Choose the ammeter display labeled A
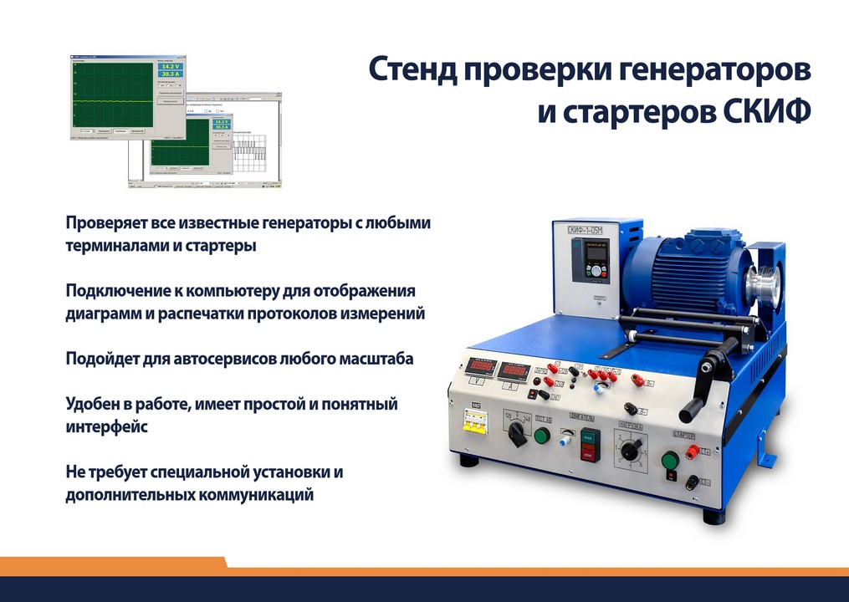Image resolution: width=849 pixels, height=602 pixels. [514, 371]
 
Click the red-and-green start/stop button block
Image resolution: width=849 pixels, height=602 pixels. [591, 445]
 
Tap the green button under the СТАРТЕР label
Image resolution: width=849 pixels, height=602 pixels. [669, 460]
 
